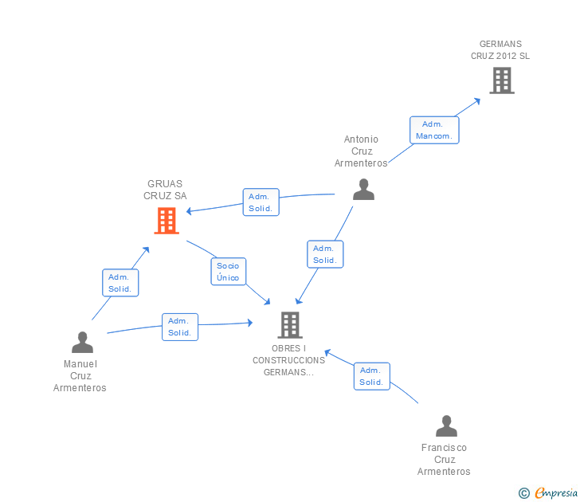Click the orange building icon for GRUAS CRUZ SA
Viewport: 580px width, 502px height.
166,221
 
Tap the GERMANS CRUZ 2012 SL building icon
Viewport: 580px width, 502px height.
501,80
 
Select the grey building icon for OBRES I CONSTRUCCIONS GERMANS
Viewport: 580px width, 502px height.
289,324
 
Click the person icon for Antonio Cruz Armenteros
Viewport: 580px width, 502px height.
363,189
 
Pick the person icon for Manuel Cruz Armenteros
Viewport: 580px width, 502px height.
82,343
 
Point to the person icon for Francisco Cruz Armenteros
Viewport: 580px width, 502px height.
446,426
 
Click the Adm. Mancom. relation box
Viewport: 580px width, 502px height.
434,130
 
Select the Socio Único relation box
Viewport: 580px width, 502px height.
228,272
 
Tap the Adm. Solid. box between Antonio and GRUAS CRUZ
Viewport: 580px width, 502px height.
261,202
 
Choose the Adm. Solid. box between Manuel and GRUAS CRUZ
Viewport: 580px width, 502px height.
120,283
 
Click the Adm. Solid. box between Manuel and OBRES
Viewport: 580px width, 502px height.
180,327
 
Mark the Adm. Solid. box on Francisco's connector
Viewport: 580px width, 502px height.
371,376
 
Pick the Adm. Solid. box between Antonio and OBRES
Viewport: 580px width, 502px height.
324,254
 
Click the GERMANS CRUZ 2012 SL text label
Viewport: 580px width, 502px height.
500,50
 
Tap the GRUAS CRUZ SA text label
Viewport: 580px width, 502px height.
165,190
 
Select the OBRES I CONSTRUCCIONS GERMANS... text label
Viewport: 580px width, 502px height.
289,360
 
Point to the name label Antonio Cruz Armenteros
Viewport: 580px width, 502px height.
362,151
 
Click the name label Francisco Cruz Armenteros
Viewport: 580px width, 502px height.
444,460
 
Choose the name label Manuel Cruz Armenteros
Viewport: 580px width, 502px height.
80,376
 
